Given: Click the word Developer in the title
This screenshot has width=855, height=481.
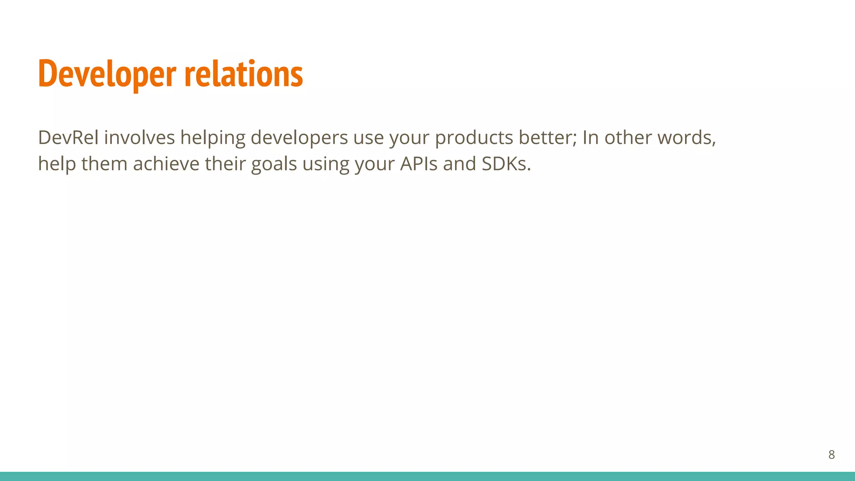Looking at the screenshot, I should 107,74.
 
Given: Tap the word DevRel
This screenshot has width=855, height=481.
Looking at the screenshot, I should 68,137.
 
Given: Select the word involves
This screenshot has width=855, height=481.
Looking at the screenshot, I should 139,137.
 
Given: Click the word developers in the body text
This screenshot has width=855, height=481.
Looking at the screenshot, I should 299,138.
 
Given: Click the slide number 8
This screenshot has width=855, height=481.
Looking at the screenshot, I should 831,455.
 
